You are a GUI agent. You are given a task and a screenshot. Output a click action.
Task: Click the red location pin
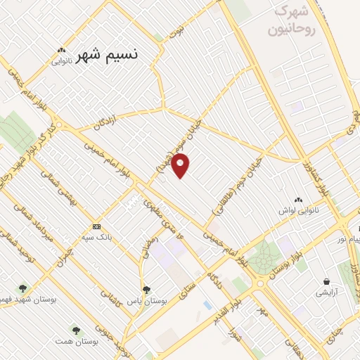(x=181, y=165)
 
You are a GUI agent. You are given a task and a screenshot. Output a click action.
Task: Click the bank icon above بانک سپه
(x=96, y=227)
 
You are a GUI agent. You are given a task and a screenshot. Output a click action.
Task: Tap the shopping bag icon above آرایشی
(x=326, y=280)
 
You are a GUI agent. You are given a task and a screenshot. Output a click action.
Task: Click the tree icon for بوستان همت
(x=75, y=330)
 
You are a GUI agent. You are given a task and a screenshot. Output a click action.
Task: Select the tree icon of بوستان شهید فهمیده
(x=23, y=288)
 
